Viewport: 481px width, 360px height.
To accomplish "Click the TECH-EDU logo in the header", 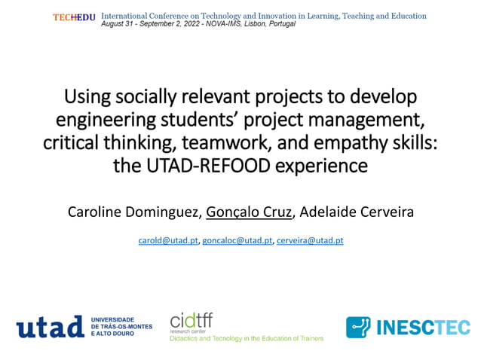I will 74,17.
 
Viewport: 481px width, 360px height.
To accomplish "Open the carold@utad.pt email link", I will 168,240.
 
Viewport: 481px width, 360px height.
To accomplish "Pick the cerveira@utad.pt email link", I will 310,240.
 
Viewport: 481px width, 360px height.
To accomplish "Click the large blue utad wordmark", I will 50,327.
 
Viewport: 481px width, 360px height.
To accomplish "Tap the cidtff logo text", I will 191,321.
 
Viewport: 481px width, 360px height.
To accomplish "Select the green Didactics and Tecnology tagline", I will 247,339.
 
